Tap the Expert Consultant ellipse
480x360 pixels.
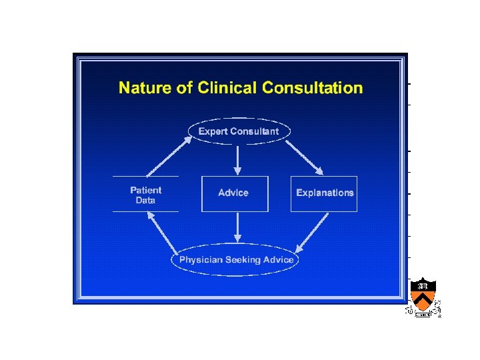[x=239, y=131]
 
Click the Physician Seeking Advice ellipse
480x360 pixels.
[x=237, y=259]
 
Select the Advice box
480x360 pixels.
[x=234, y=193]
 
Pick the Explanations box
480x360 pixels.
[x=324, y=193]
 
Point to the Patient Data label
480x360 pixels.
[x=145, y=195]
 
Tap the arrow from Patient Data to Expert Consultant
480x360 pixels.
[x=167, y=155]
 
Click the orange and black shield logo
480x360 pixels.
[x=423, y=296]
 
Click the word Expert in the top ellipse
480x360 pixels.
[x=213, y=131]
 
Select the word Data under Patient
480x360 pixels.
[x=145, y=200]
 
